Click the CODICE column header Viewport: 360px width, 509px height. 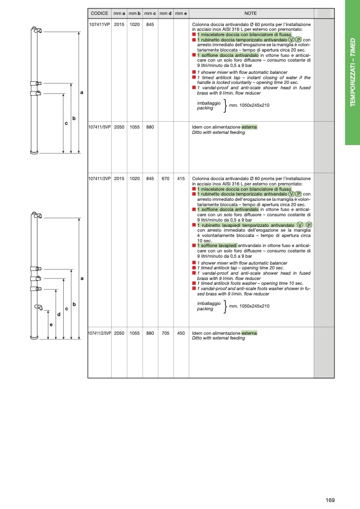point(99,13)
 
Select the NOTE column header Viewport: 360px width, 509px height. point(251,13)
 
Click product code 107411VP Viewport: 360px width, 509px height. point(99,24)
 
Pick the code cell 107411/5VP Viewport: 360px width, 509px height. point(99,128)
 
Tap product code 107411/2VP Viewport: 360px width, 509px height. point(99,179)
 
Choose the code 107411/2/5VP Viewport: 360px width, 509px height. point(99,333)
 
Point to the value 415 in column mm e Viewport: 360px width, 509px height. point(181,179)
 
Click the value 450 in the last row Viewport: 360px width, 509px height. point(181,333)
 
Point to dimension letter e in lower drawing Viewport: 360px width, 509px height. point(51,324)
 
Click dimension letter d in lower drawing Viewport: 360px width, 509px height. point(58,315)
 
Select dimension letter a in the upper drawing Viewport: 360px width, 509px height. point(81,93)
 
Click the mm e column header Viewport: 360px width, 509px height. point(181,13)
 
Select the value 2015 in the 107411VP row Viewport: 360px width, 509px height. point(119,24)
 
